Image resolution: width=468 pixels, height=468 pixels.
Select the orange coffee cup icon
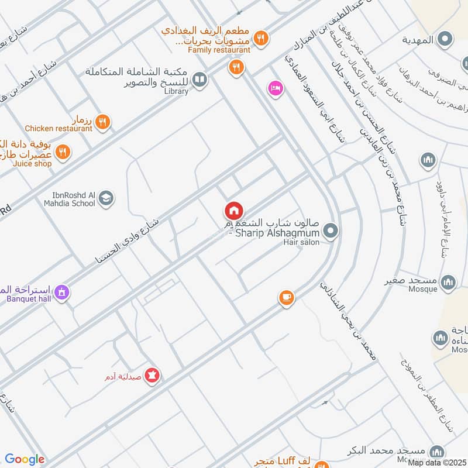tap(285, 298)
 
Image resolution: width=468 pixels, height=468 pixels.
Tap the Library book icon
tap(199, 79)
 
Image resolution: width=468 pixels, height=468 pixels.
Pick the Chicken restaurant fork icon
tap(102, 121)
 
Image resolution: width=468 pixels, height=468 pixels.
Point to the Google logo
tap(25, 459)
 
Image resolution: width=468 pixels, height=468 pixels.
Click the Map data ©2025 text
tap(438, 463)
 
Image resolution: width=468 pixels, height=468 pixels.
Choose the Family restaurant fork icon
tap(261, 38)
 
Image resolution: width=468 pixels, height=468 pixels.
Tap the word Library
tap(176, 91)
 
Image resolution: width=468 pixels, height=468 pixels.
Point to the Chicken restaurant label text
tap(58, 128)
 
